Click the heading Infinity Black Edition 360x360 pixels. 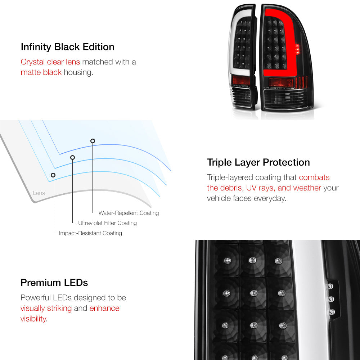coord(68,47)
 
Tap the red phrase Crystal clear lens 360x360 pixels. coord(50,62)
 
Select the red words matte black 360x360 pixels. coord(41,72)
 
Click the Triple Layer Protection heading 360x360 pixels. coord(258,162)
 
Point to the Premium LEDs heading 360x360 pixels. coord(54,283)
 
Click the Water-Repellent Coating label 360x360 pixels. coord(129,213)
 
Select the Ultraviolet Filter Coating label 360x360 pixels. coord(107,223)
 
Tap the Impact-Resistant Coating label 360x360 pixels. coord(90,233)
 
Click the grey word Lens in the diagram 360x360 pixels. coord(39,193)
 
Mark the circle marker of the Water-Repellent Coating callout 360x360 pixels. coord(93,141)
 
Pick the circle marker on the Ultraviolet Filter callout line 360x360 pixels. coord(73,158)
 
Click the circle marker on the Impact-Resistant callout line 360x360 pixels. coord(53,175)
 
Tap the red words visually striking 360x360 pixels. coord(46,309)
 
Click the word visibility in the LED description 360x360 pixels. coord(33,319)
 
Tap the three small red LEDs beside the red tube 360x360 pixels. coord(297,49)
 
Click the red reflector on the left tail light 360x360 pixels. coord(241,80)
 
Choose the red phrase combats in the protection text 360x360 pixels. coord(314,177)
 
